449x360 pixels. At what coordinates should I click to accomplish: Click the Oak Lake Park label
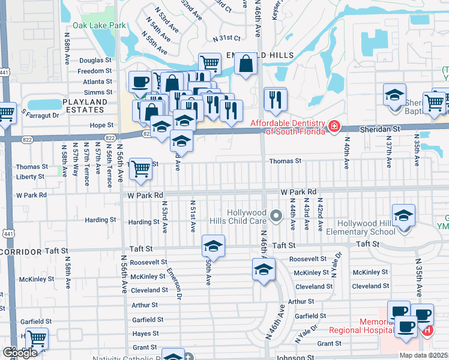[99, 25]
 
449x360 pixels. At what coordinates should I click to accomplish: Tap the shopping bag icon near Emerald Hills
[246, 63]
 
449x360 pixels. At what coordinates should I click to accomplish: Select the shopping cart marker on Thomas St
[140, 169]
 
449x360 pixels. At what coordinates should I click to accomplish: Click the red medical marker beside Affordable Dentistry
[333, 127]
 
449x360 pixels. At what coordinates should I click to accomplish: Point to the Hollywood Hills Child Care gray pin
[276, 215]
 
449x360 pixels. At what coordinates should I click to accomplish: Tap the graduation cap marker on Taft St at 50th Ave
[212, 247]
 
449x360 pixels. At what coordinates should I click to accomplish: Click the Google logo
[19, 352]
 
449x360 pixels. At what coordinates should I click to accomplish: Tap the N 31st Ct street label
[226, 38]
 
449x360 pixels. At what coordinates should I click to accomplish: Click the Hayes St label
[146, 334]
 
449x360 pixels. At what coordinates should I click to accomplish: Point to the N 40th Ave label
[346, 152]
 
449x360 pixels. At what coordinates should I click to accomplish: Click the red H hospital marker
[427, 330]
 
